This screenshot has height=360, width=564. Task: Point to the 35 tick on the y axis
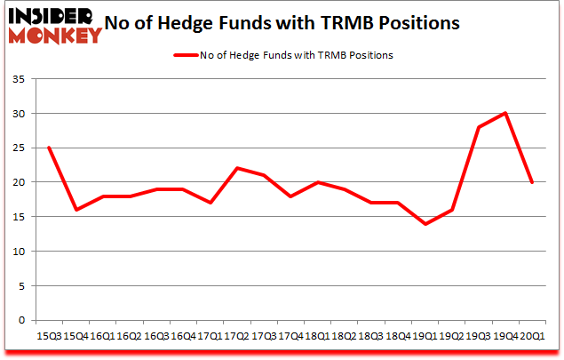[x=18, y=80]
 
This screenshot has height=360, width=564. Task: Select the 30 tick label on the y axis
[x=18, y=114]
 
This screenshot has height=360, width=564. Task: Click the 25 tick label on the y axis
[x=18, y=148]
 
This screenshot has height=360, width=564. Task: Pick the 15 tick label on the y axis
[x=18, y=217]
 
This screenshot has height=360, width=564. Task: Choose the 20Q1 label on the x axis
[x=532, y=336]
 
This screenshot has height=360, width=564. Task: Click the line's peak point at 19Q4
[x=505, y=114]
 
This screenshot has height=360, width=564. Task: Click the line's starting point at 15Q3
[x=48, y=148]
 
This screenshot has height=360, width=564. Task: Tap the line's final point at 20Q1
[x=531, y=182]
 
